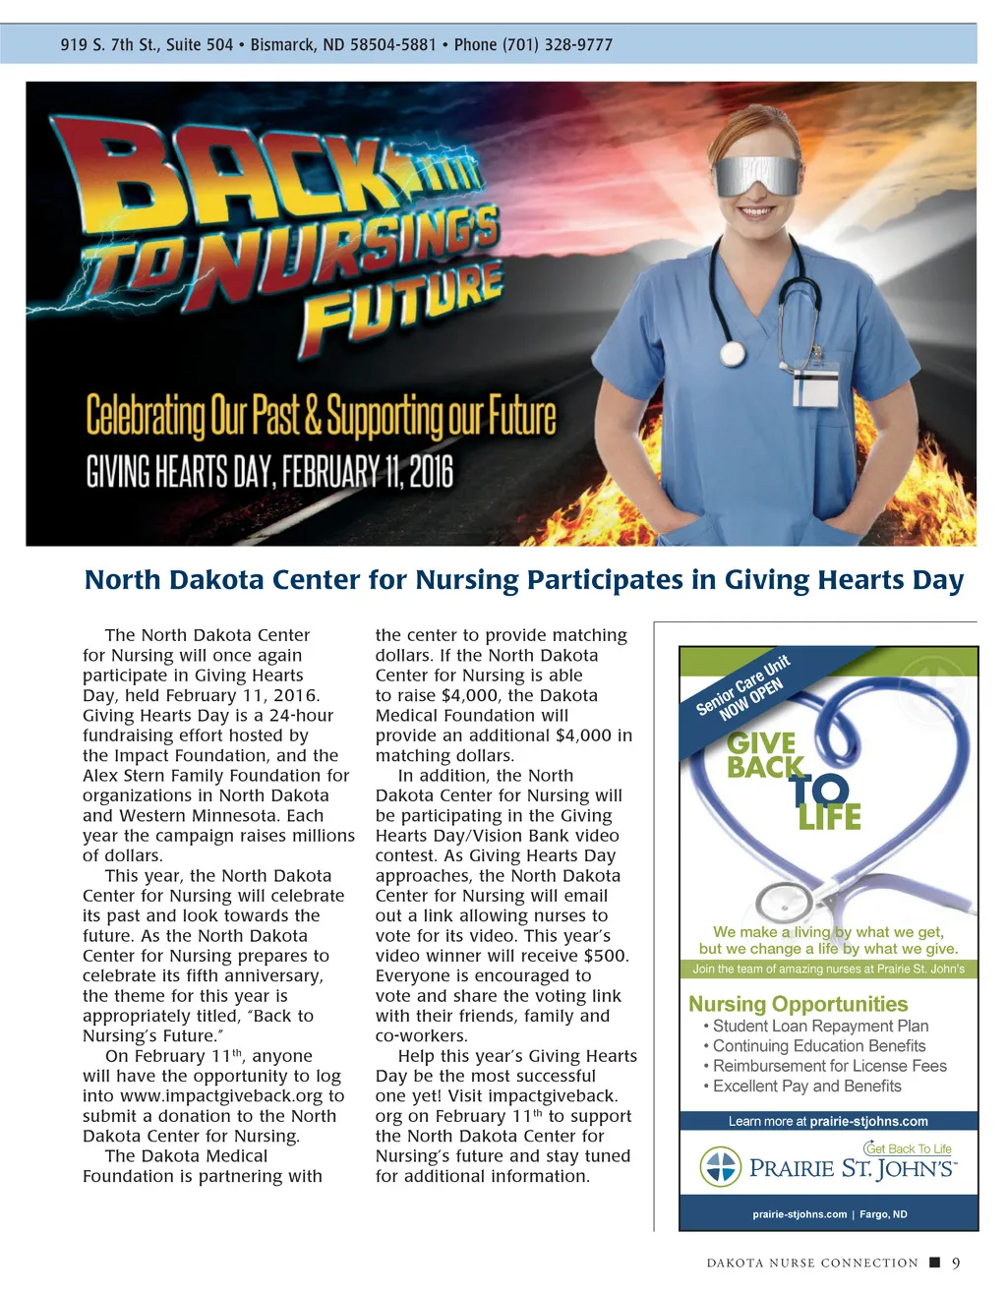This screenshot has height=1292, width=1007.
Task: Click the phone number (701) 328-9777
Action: pos(558,44)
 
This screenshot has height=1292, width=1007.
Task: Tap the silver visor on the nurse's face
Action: pos(757,180)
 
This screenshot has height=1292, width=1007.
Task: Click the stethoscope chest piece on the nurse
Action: pos(733,353)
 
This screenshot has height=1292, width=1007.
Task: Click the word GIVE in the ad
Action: pos(761,743)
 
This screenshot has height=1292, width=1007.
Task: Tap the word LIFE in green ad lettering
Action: pos(829,817)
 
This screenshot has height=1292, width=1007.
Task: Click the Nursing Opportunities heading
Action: pos(798,1004)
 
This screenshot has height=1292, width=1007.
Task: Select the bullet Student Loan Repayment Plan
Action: pos(820,1026)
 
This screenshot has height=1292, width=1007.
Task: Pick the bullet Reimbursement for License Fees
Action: pos(829,1066)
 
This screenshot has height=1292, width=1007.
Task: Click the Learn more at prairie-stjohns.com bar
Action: pos(828,1121)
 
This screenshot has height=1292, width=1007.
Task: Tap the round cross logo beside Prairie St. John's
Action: pos(720,1167)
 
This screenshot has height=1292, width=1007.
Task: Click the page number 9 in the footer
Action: pos(955,1263)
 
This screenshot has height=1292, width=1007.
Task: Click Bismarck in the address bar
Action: pos(282,44)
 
